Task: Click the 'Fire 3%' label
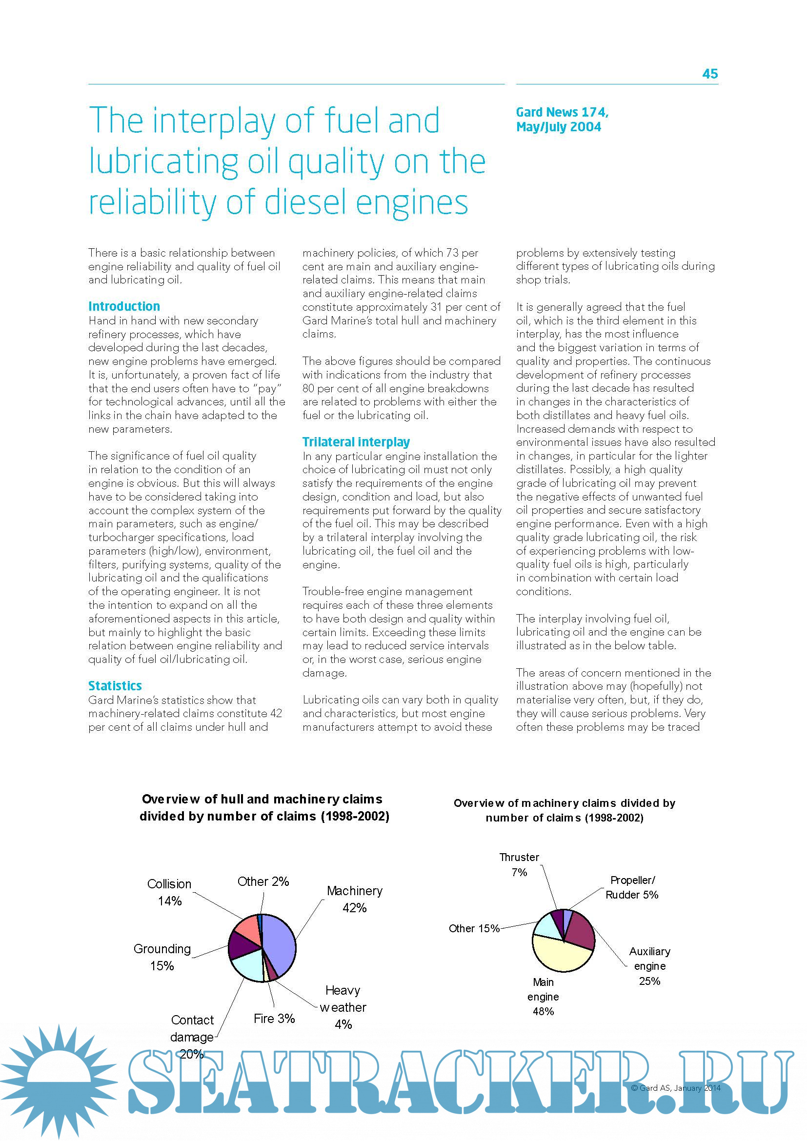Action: point(274,1018)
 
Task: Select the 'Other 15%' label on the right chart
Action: point(474,928)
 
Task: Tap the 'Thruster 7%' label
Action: point(519,864)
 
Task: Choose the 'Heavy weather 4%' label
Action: point(343,1007)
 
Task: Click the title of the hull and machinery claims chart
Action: point(264,807)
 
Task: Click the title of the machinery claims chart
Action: point(565,810)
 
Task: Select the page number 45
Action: point(709,74)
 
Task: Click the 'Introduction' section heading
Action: point(124,306)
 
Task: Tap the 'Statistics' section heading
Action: point(115,686)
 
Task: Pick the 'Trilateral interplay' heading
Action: point(356,442)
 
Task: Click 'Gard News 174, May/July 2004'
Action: point(562,119)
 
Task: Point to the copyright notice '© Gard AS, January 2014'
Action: point(675,1088)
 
